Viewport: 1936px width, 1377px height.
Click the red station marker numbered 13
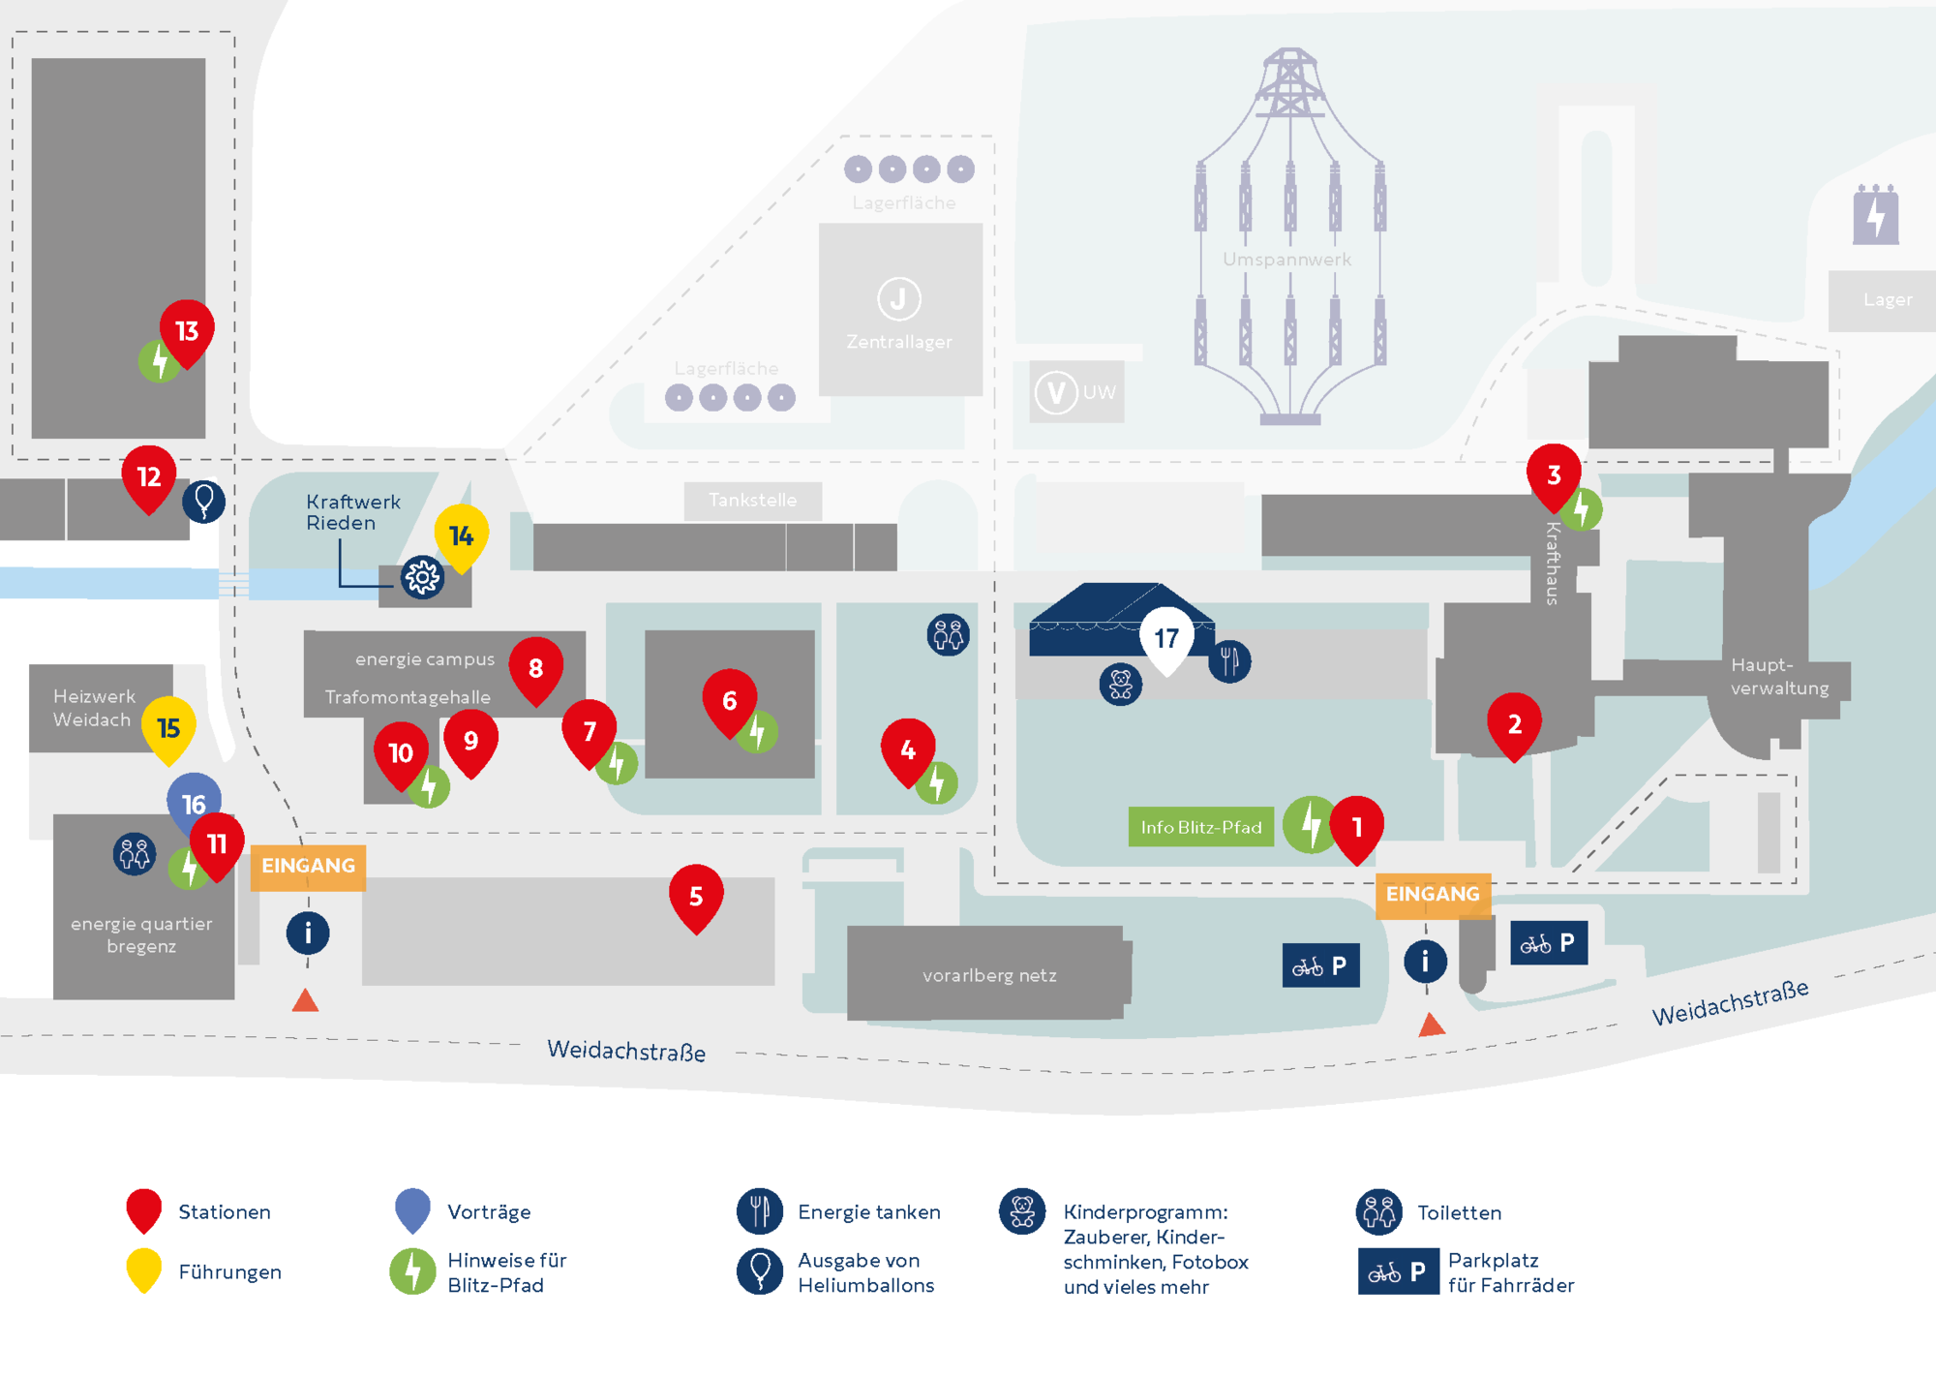click(x=187, y=333)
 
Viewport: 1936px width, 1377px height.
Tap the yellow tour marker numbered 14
click(x=461, y=537)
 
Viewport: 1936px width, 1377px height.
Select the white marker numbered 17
click(x=1166, y=640)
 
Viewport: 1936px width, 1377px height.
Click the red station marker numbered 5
click(x=696, y=898)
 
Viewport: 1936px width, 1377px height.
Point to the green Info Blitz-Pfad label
click(x=1200, y=827)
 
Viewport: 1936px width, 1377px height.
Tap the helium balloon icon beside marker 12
click(x=204, y=502)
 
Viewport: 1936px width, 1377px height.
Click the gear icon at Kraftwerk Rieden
click(x=422, y=578)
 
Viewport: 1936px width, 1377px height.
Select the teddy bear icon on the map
click(x=1121, y=685)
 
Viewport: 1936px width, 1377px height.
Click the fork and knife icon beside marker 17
click(x=1229, y=661)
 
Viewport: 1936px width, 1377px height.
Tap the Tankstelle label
click(x=753, y=500)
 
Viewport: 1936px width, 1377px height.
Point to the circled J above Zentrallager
click(x=898, y=299)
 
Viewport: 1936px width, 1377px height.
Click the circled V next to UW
click(x=1056, y=393)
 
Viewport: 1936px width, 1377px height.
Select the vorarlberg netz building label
click(x=989, y=975)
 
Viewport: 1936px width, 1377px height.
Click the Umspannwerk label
click(x=1286, y=260)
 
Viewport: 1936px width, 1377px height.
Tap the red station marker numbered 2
click(x=1515, y=726)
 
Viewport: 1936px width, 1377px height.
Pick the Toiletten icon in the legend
click(x=1379, y=1212)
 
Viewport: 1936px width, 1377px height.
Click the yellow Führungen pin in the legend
click(x=144, y=1270)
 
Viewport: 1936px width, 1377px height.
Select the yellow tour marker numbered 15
click(x=168, y=730)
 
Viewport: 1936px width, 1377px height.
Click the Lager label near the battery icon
click(x=1888, y=300)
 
